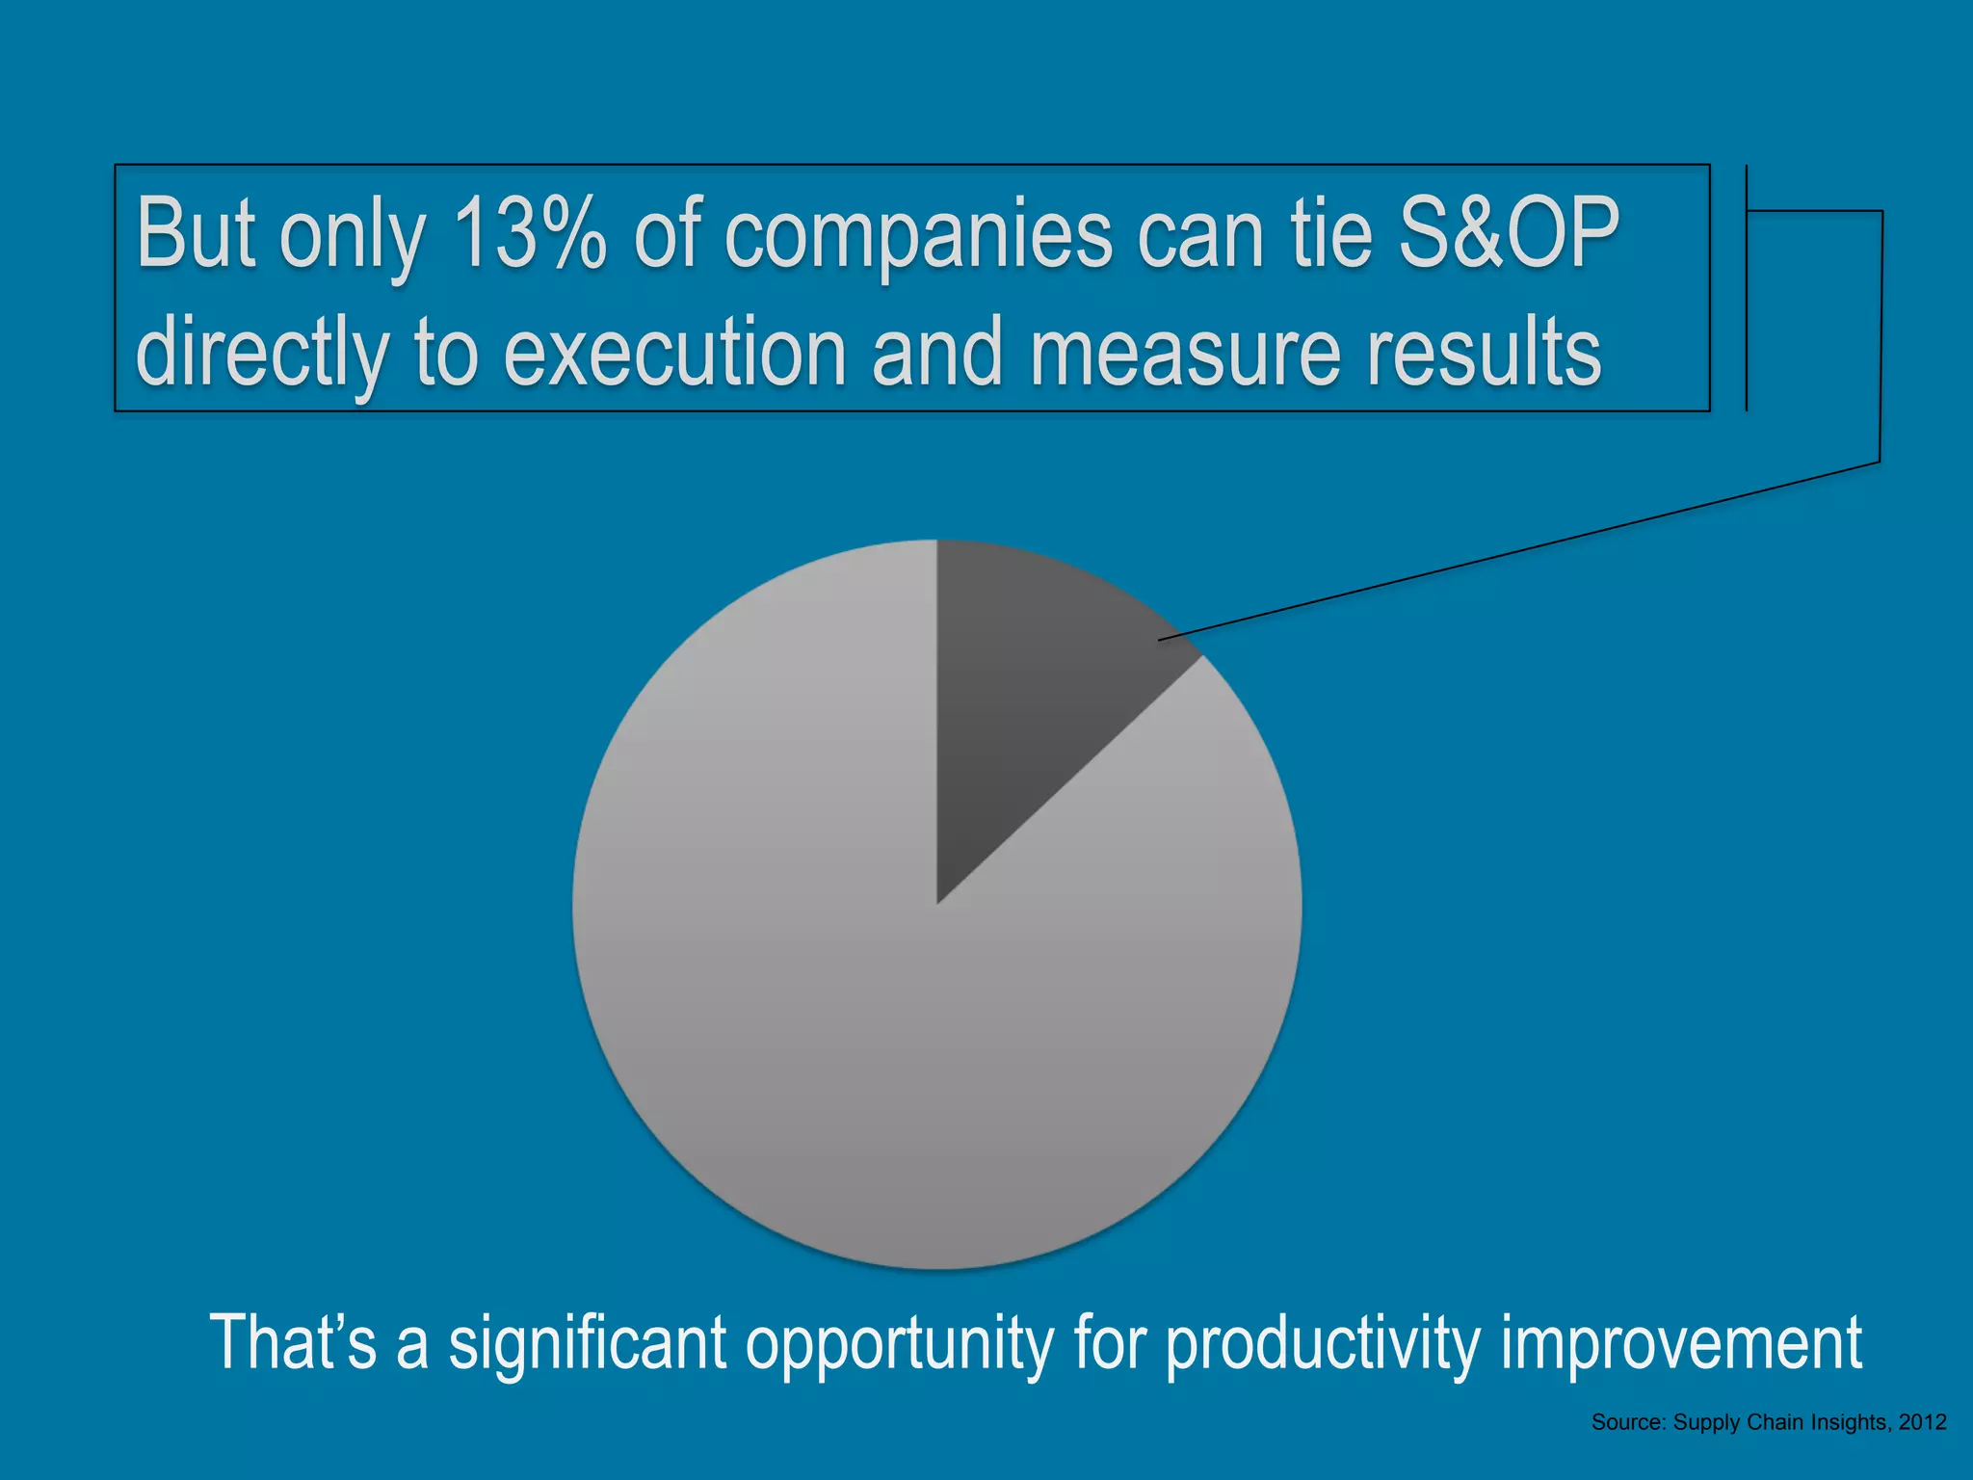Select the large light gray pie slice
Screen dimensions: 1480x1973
pos(867,1041)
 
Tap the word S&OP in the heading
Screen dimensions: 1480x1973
pos(1508,234)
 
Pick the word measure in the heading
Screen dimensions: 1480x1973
pos(1185,355)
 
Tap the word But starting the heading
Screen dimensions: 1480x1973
pos(198,234)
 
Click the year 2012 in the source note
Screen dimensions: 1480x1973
pos(1922,1422)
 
